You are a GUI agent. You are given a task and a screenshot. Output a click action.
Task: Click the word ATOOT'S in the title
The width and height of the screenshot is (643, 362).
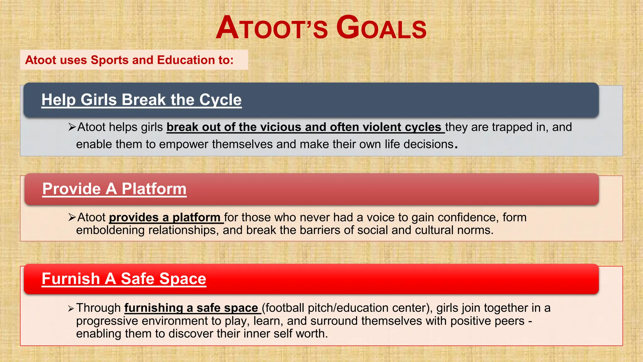pyautogui.click(x=272, y=28)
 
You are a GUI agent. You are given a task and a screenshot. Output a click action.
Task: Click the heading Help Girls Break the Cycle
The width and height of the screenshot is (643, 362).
pyautogui.click(x=142, y=100)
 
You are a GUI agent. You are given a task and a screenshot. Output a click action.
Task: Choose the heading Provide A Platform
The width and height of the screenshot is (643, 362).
pyautogui.click(x=115, y=189)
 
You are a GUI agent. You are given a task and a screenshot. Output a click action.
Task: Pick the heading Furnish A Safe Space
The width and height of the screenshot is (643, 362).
pyautogui.click(x=124, y=279)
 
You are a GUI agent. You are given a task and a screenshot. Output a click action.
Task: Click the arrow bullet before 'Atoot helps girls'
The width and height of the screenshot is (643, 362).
pyautogui.click(x=72, y=127)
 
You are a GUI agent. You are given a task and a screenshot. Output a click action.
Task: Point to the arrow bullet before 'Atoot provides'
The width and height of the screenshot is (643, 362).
pyautogui.click(x=72, y=217)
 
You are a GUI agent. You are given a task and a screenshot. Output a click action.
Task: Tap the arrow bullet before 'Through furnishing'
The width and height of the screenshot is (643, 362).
pyautogui.click(x=71, y=309)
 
